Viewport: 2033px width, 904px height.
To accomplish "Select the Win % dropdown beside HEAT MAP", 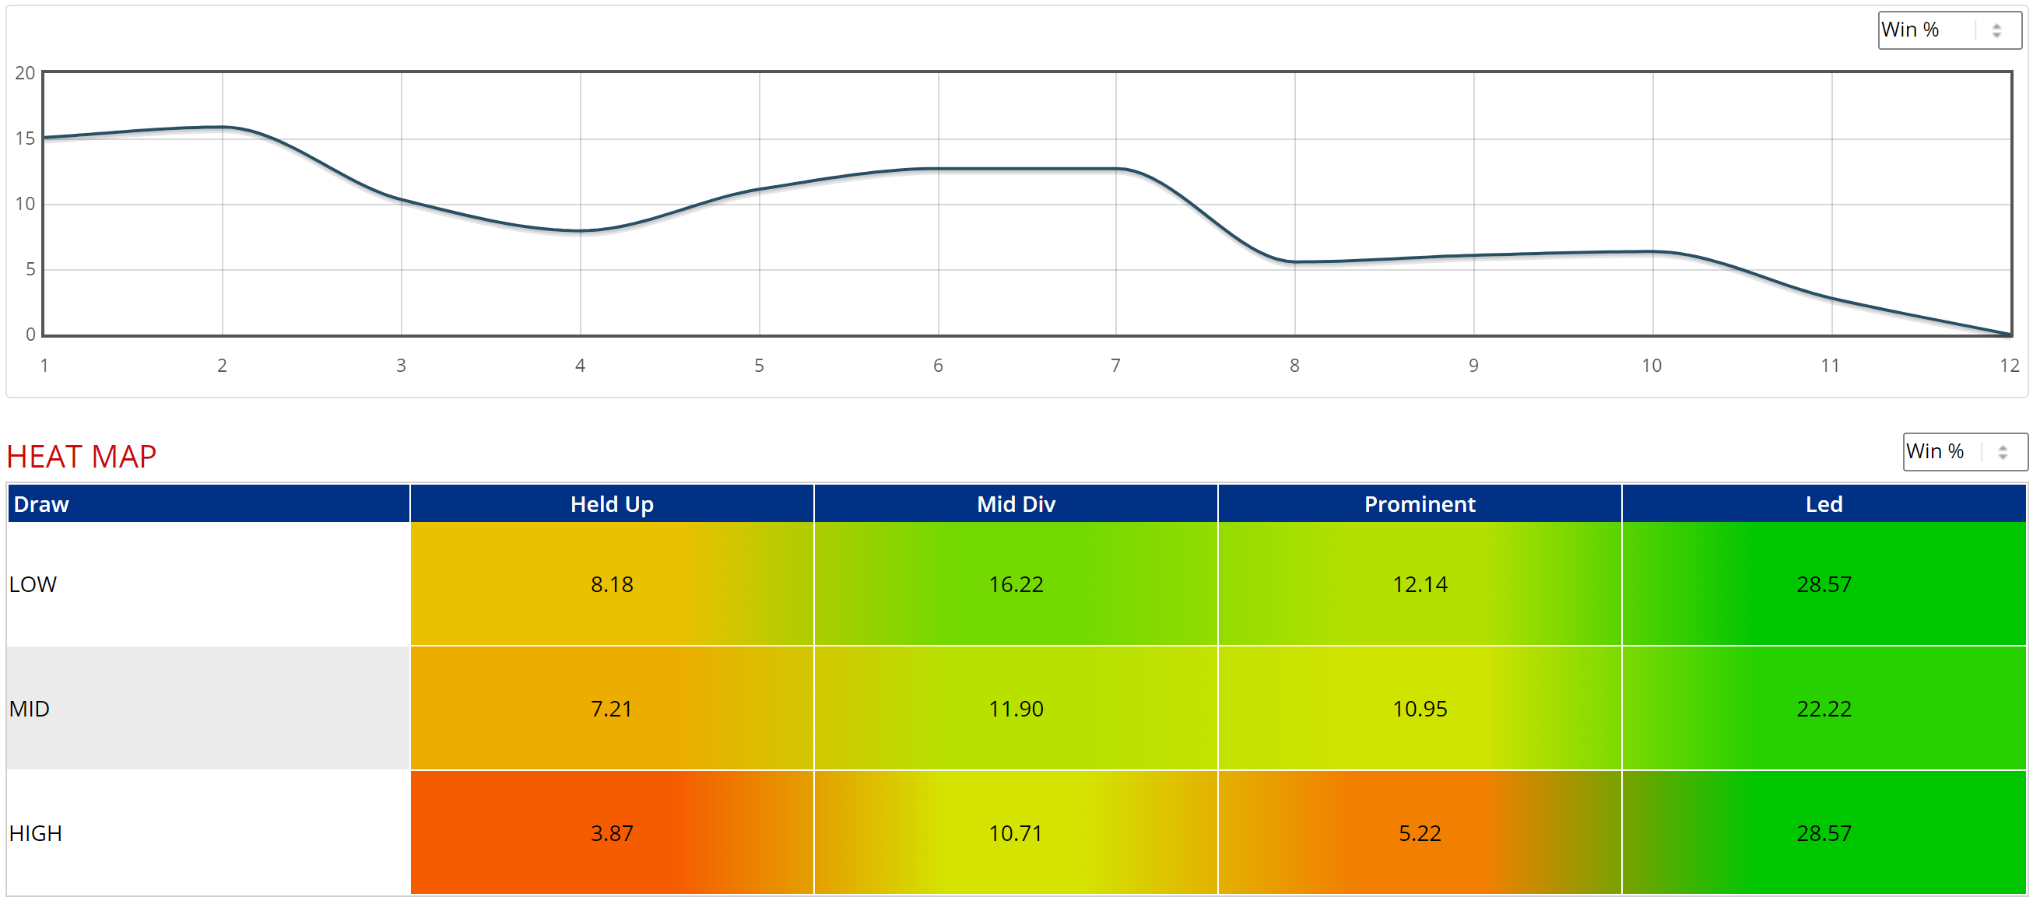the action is [x=1964, y=451].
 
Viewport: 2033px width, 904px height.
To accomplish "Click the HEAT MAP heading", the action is [x=81, y=457].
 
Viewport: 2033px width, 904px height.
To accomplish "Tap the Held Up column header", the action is [x=612, y=503].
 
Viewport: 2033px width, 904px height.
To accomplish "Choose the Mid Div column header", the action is [x=1016, y=503].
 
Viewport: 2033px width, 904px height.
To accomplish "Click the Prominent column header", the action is [x=1420, y=503].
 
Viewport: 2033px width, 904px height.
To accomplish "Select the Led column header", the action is [x=1824, y=503].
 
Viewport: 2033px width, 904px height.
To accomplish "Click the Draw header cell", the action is [x=209, y=503].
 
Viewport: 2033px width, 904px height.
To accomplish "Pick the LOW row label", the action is [x=33, y=584].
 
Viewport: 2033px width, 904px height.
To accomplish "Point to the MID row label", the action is [x=30, y=709].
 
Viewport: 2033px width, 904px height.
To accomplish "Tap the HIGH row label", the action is [x=36, y=833].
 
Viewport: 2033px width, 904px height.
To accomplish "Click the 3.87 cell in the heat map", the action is [x=612, y=833].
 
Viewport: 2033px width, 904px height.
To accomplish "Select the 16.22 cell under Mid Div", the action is [x=1016, y=584].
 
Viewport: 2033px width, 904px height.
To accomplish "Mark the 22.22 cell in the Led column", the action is [x=1824, y=709].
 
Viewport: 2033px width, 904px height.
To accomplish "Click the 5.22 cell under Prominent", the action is [x=1420, y=833].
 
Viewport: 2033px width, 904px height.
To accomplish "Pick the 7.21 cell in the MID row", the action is [x=612, y=709].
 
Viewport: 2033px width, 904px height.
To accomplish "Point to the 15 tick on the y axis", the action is [x=25, y=138].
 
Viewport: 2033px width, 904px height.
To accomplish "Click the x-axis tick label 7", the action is [x=1115, y=365].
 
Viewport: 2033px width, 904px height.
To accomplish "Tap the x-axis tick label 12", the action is [x=2010, y=365].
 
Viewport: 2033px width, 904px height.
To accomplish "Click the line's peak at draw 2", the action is [x=223, y=126].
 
